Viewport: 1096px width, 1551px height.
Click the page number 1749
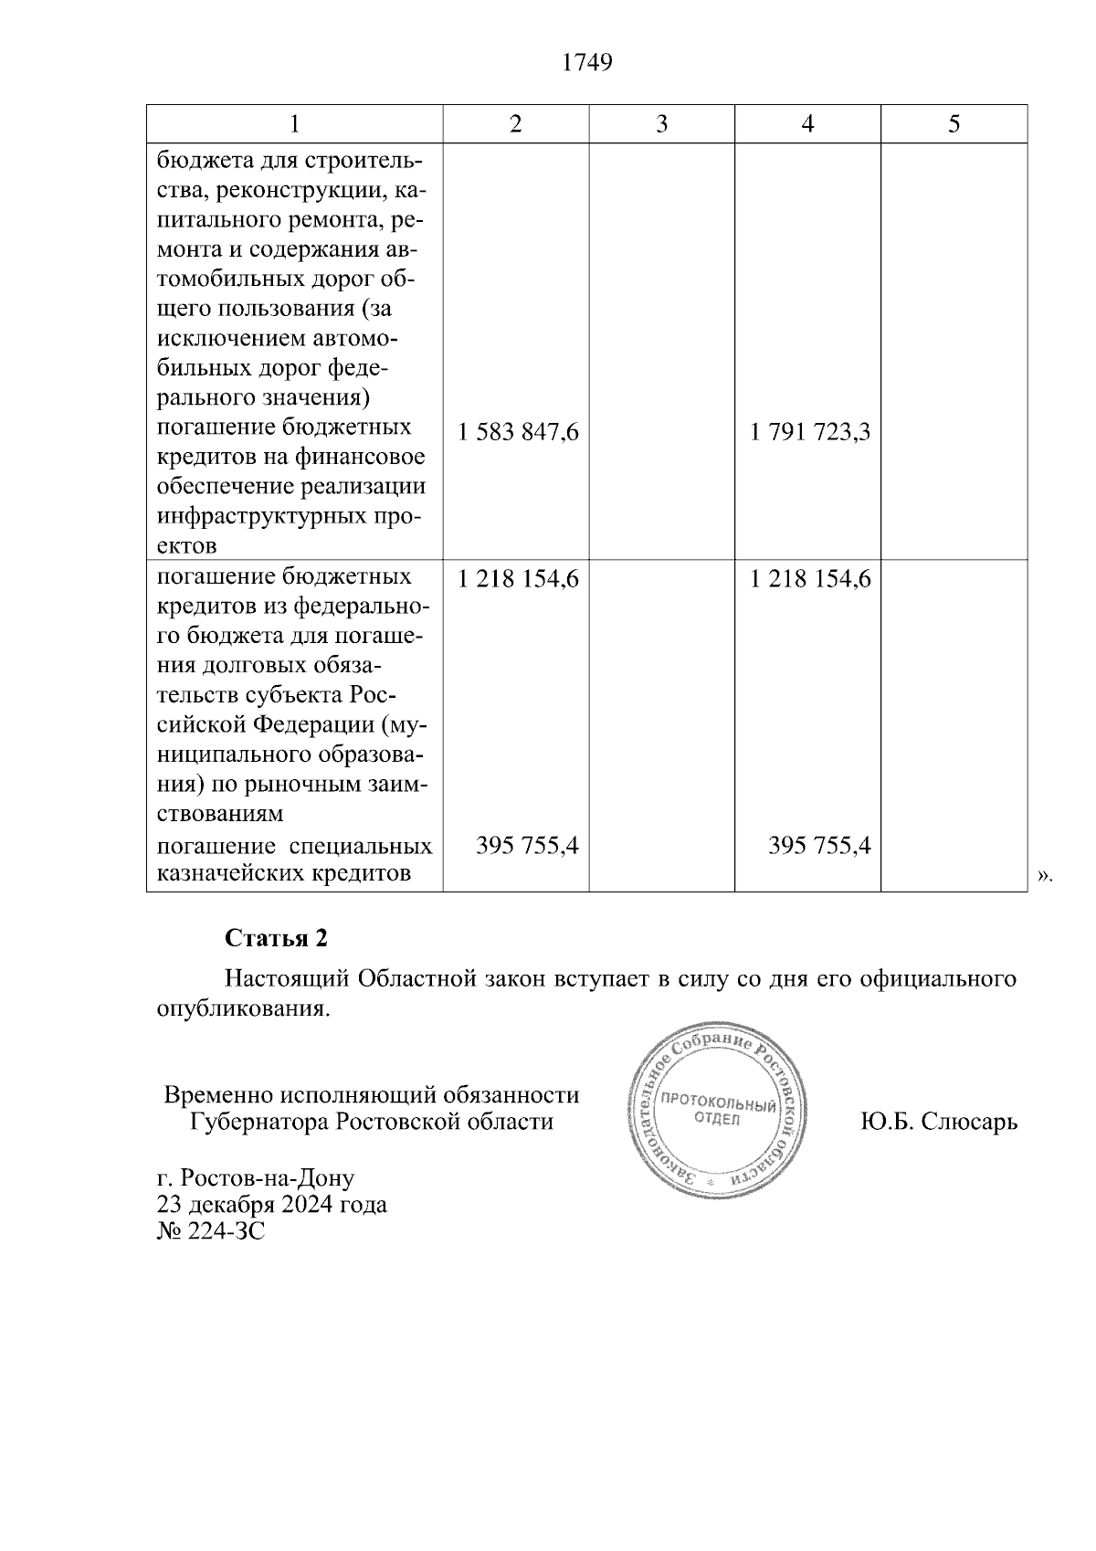[x=587, y=63]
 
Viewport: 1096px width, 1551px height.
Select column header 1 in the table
[x=295, y=124]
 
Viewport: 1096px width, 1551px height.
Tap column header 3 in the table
[x=661, y=124]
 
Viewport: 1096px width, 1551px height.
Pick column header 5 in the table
[x=954, y=124]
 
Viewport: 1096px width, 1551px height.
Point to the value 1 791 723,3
[x=810, y=432]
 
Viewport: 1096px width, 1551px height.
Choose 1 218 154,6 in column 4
[x=810, y=579]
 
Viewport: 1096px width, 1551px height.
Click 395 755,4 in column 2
[x=527, y=846]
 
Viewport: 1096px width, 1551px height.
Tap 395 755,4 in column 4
[x=819, y=846]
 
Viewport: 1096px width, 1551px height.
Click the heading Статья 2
[x=276, y=938]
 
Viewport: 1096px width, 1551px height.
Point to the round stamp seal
[x=717, y=1117]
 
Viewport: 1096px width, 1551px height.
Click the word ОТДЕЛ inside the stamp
[x=717, y=1121]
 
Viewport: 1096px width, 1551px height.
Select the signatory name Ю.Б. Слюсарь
[x=939, y=1121]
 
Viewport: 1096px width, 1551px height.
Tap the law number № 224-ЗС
[x=211, y=1231]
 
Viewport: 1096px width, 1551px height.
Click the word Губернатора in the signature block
[x=259, y=1121]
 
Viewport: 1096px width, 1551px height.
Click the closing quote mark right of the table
[x=1044, y=877]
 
